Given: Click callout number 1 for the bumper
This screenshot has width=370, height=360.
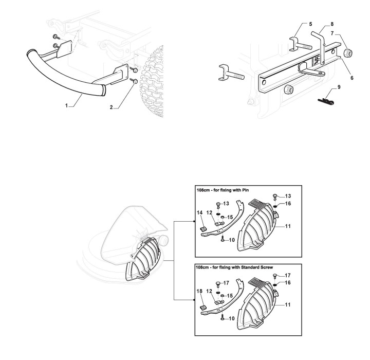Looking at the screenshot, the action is point(66,106).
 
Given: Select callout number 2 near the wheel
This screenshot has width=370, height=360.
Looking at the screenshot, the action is point(112,107).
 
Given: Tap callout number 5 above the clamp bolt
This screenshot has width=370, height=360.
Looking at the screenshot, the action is point(310,24).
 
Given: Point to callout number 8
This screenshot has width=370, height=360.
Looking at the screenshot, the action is point(332,24).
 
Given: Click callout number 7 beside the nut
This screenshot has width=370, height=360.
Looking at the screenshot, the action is point(332,33).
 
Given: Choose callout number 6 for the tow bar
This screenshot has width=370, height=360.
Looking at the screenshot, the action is point(352,78).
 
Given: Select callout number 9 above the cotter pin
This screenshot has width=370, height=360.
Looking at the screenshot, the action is point(339,87).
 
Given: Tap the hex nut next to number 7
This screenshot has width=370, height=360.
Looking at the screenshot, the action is point(348,52).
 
